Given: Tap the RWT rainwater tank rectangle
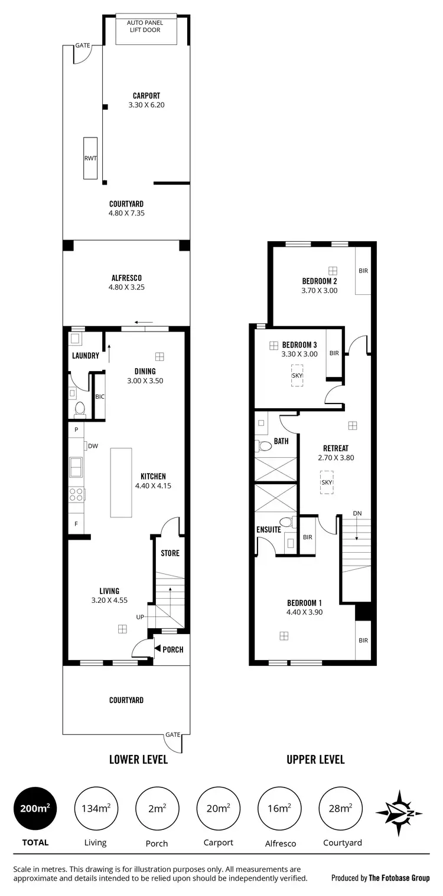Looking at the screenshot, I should pyautogui.click(x=90, y=158).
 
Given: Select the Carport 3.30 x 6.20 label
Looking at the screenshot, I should pyautogui.click(x=146, y=100).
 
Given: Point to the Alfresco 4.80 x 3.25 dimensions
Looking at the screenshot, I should pyautogui.click(x=126, y=287).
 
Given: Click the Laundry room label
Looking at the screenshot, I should pyautogui.click(x=85, y=356).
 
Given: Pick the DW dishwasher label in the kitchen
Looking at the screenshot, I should pyautogui.click(x=93, y=447).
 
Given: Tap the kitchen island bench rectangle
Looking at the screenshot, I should pyautogui.click(x=121, y=483).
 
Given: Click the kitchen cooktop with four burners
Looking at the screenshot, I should pyautogui.click(x=76, y=495).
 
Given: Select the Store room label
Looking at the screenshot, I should pyautogui.click(x=170, y=553).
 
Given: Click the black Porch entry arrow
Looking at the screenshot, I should pyautogui.click(x=157, y=649).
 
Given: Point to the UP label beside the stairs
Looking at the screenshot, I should pyautogui.click(x=140, y=617).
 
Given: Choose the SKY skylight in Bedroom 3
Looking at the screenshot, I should pyautogui.click(x=297, y=375).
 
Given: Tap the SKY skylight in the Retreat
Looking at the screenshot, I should pyautogui.click(x=327, y=482).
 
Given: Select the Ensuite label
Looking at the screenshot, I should pyautogui.click(x=269, y=530).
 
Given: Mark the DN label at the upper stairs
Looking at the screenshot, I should pyautogui.click(x=357, y=513).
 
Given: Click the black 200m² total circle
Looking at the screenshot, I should pyautogui.click(x=35, y=809).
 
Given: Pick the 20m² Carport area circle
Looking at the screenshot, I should pyautogui.click(x=217, y=809).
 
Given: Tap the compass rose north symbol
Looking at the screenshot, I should pyautogui.click(x=400, y=813).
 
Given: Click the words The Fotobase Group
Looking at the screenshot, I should pyautogui.click(x=399, y=878).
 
